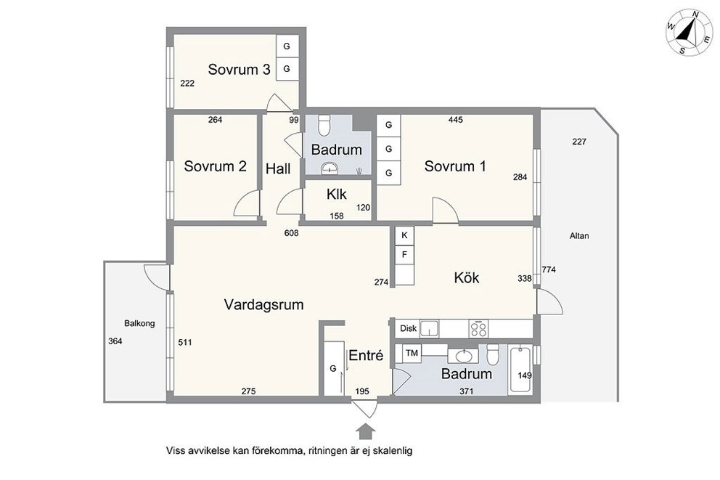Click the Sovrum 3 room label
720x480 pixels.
239,70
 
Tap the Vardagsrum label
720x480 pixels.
264,304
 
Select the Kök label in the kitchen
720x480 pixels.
467,277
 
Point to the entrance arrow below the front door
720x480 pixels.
366,433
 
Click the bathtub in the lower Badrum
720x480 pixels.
520,370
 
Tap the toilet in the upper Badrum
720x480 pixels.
324,124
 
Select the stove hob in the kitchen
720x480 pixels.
478,328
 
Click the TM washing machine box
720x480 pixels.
412,353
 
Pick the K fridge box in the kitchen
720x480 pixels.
404,235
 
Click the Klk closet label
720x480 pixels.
337,195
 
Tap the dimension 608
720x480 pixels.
291,233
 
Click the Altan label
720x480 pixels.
579,235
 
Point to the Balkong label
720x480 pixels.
139,323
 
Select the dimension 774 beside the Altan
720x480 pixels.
549,269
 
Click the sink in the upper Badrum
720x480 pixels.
329,168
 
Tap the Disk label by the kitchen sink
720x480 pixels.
408,328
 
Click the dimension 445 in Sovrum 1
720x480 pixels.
456,120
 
